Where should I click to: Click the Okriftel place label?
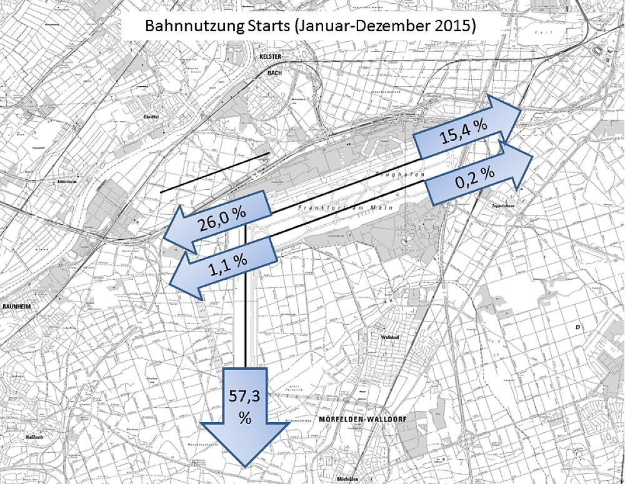click(146, 116)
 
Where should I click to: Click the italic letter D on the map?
click(579, 327)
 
